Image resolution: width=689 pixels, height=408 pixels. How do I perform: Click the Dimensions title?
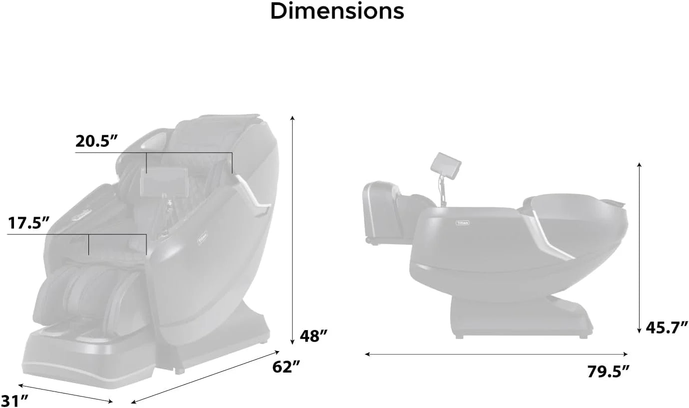(x=337, y=11)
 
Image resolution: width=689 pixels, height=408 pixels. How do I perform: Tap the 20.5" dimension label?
(x=97, y=141)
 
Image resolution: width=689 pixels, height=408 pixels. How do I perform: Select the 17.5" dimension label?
(x=28, y=223)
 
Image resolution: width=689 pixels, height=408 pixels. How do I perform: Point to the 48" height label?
(x=314, y=336)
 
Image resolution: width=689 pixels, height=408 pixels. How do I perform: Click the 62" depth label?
(x=286, y=367)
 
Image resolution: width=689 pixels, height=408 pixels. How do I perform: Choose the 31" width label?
(x=15, y=401)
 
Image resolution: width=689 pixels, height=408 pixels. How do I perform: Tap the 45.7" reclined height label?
(x=667, y=328)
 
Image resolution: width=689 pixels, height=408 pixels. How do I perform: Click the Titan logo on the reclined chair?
(x=462, y=223)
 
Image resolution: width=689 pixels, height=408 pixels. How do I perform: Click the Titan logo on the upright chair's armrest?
(x=202, y=238)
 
